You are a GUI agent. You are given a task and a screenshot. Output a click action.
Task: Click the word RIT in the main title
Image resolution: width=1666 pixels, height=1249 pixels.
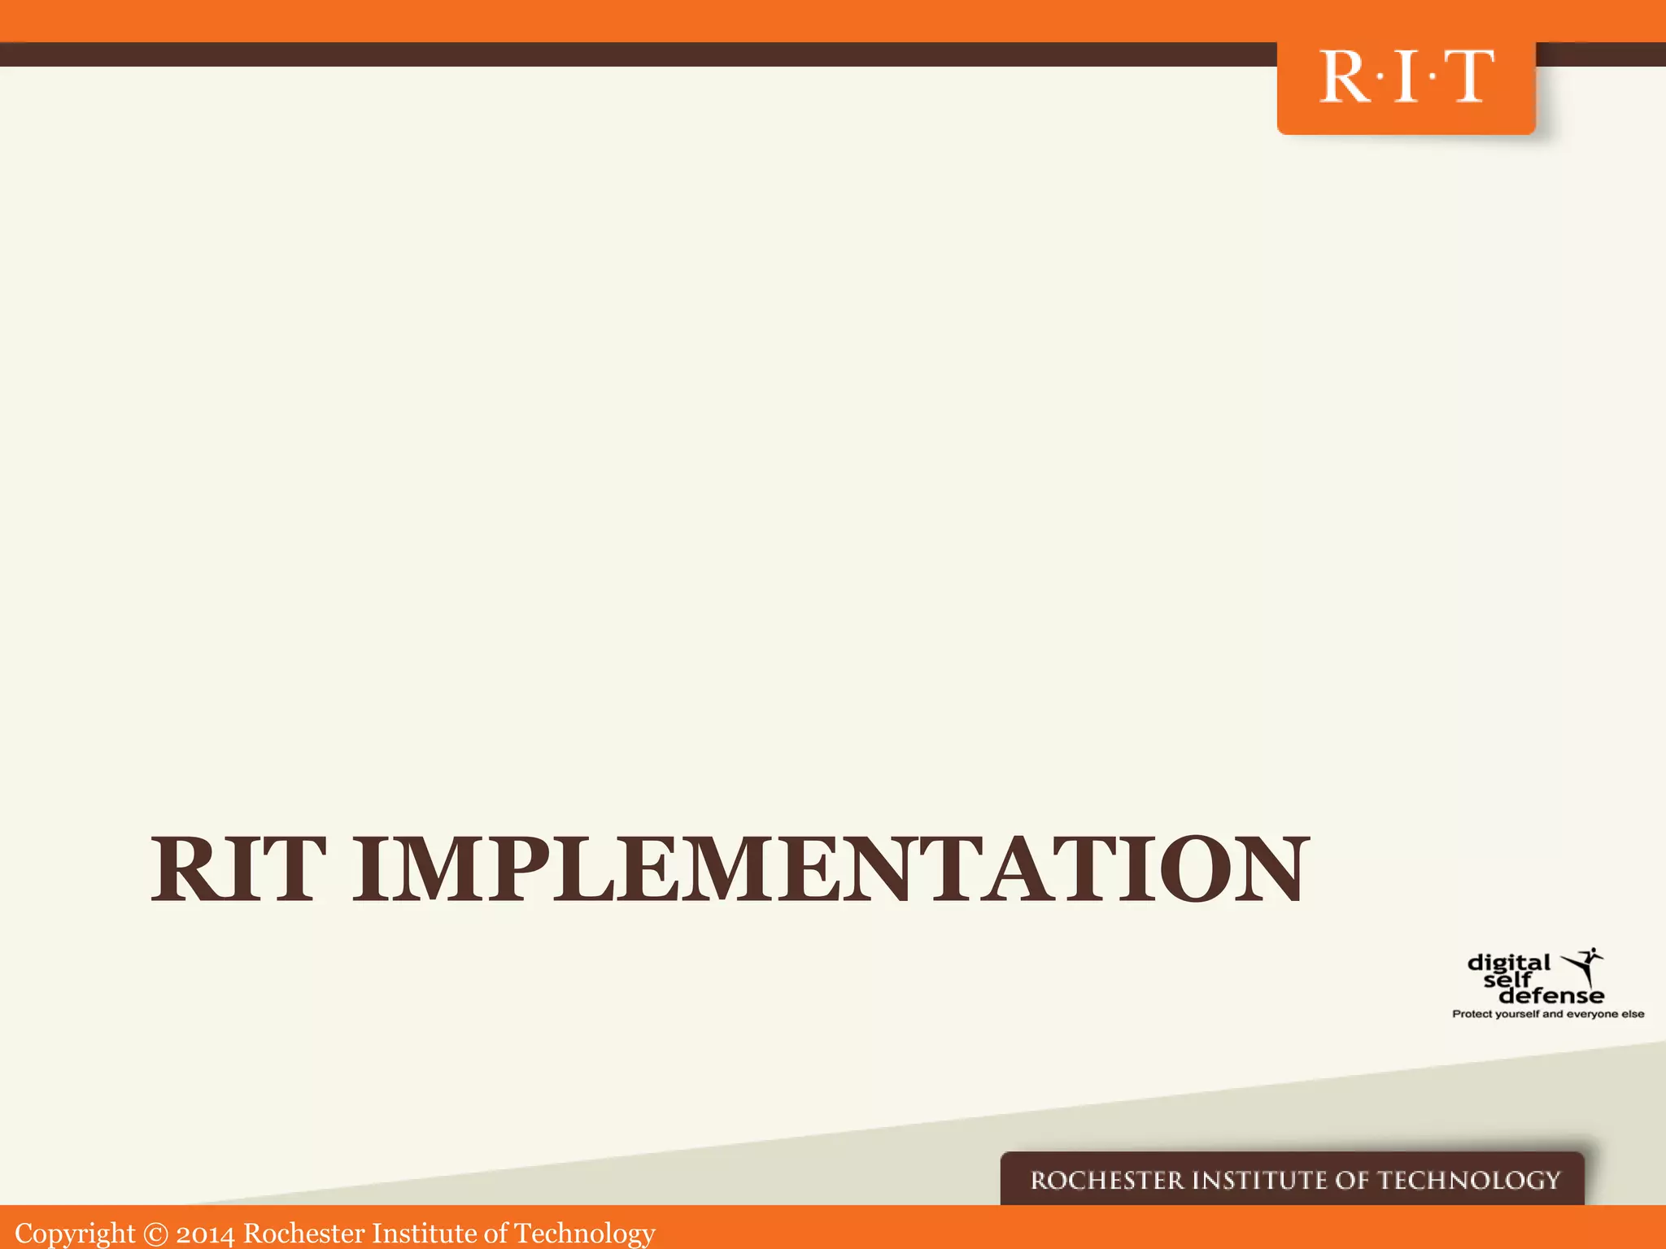click(238, 869)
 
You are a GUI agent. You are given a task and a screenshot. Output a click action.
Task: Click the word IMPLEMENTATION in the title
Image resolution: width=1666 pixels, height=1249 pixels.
click(831, 869)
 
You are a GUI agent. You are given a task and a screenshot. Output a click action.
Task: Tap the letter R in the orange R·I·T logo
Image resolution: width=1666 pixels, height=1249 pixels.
click(1346, 76)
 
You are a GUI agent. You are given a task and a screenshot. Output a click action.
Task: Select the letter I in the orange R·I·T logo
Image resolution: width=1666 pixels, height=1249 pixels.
click(1406, 76)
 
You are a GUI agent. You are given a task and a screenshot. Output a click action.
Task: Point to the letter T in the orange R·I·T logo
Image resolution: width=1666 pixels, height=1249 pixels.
click(1468, 76)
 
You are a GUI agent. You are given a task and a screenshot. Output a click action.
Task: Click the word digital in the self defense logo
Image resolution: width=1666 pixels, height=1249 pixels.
click(1508, 964)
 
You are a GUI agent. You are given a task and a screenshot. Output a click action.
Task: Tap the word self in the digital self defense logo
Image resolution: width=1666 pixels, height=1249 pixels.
click(1507, 980)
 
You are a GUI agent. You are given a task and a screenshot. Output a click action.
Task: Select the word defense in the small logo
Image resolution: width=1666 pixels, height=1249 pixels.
click(1551, 995)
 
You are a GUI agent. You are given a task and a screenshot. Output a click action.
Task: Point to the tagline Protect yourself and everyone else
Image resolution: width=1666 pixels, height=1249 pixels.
click(1548, 1014)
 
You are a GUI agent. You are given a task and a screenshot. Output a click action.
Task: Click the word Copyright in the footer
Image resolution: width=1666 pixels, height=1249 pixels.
click(75, 1234)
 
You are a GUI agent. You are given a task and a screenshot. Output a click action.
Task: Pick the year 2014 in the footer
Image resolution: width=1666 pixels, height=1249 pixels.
click(205, 1234)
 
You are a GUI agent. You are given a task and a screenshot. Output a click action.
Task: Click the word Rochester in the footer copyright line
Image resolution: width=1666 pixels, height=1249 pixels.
click(304, 1233)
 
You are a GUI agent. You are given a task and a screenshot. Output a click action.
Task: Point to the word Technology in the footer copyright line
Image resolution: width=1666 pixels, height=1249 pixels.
click(584, 1234)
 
